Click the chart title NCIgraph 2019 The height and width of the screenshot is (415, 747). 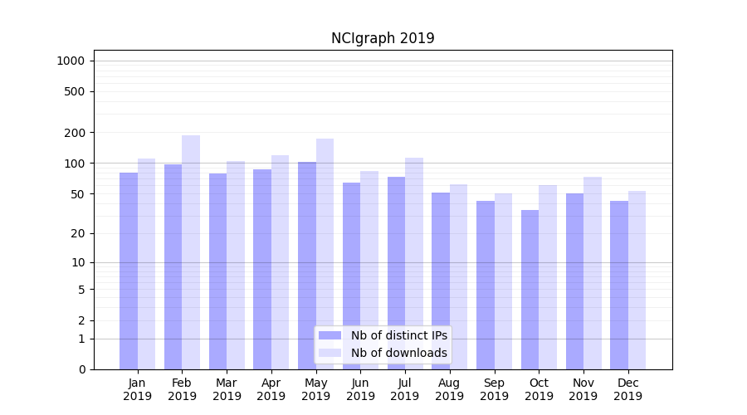click(383, 38)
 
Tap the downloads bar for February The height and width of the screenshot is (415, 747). click(191, 252)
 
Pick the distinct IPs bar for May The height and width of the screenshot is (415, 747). click(307, 266)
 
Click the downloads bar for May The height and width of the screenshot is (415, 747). click(325, 254)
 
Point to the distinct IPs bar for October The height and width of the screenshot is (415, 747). click(530, 290)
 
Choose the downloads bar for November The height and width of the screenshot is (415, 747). click(592, 273)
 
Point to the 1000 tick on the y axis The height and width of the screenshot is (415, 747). click(71, 61)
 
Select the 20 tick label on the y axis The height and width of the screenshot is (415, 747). click(78, 233)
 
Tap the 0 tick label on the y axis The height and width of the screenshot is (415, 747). click(81, 369)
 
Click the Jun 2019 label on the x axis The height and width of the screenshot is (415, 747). click(360, 389)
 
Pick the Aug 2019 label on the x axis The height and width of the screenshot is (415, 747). click(449, 389)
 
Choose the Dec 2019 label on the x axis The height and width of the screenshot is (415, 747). click(627, 389)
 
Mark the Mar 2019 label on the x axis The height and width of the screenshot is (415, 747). click(227, 389)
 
